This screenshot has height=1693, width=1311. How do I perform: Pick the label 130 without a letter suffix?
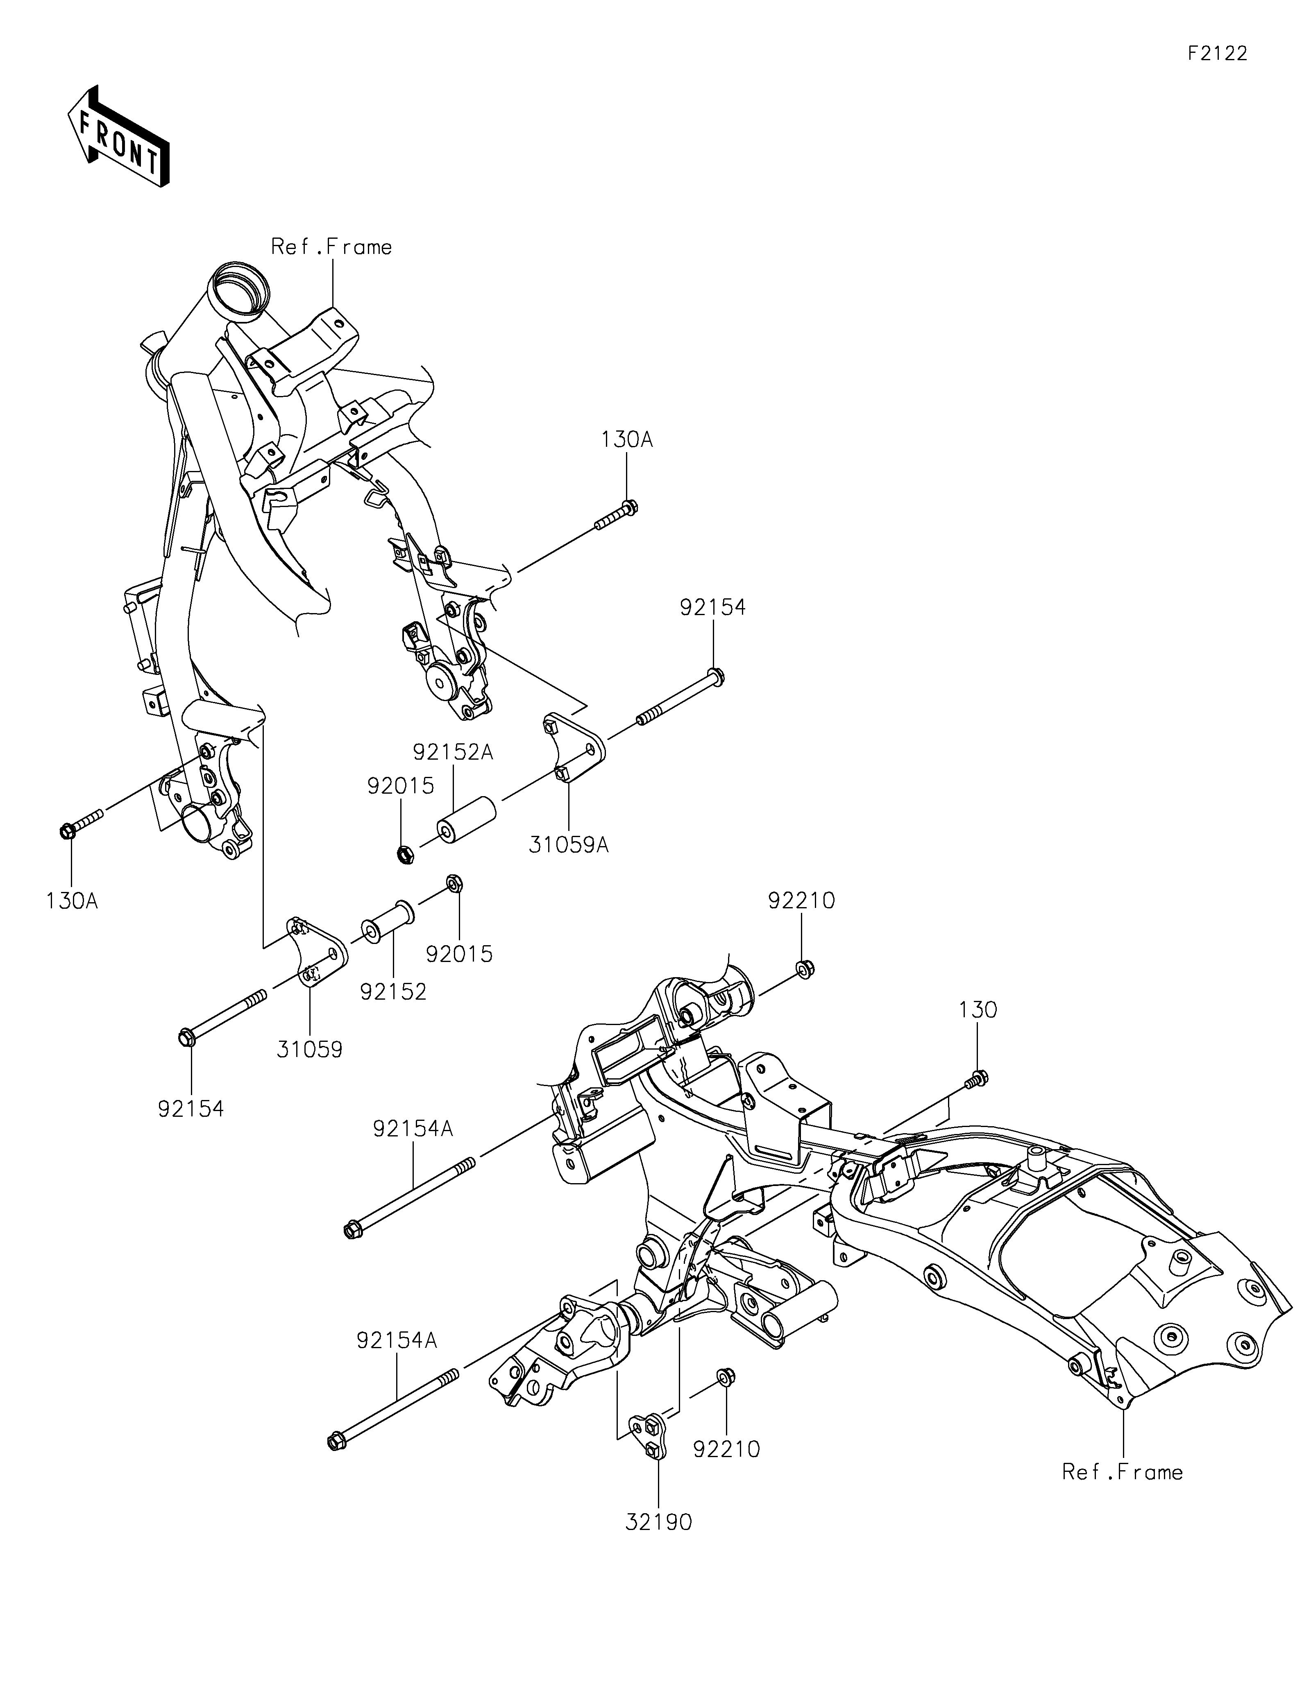(x=978, y=1010)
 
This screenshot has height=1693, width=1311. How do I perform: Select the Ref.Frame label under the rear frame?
(x=1123, y=1472)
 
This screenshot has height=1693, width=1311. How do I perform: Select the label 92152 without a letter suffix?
(x=393, y=991)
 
